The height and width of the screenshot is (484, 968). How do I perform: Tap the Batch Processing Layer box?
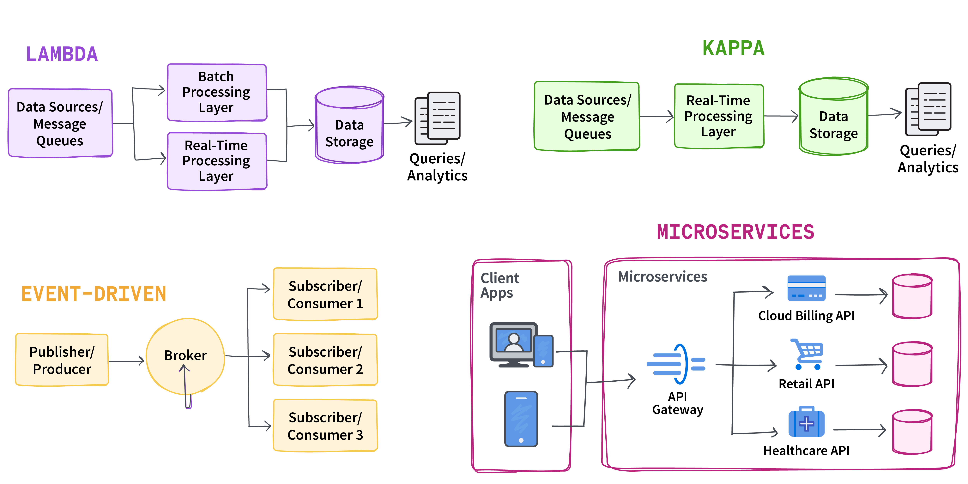217,92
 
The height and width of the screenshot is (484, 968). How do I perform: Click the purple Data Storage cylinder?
349,125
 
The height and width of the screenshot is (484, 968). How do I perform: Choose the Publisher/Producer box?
62,360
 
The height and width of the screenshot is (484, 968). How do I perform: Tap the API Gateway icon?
676,364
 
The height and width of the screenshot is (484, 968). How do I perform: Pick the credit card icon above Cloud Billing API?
806,288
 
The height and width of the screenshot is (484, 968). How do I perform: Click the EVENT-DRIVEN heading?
94,294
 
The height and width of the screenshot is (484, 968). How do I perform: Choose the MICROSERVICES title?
735,232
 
